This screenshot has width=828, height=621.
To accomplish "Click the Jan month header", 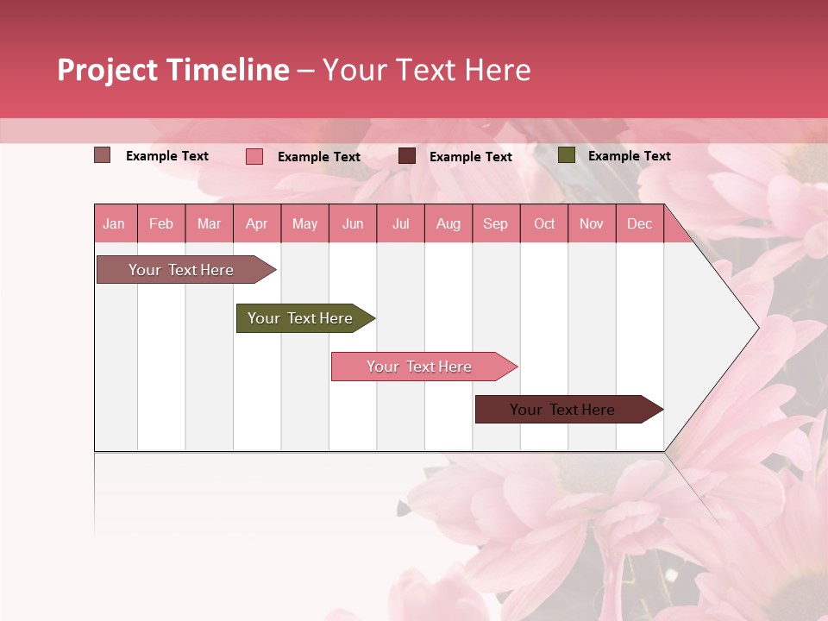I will coord(114,223).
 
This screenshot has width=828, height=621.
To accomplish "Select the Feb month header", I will coord(161,223).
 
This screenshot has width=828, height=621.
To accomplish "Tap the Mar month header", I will coord(209,223).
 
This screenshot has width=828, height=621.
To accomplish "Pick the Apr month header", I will coord(257,223).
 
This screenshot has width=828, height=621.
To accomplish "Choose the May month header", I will coord(304,223).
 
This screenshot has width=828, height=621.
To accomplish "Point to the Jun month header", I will coord(353,223).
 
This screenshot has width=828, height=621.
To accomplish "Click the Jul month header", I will coord(400,223).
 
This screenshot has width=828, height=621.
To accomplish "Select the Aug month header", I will coord(448,223).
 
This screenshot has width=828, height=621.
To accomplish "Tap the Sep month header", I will coord(496,223).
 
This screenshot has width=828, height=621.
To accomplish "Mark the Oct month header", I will coord(544,223).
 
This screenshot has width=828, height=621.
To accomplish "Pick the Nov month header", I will coord(592,223).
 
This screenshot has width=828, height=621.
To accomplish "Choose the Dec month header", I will coord(640,223).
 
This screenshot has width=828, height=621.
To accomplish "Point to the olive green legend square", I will coord(566,155).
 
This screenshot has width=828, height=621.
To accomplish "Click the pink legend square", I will coord(254,156).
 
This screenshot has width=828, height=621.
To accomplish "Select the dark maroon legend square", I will coord(407,156).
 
